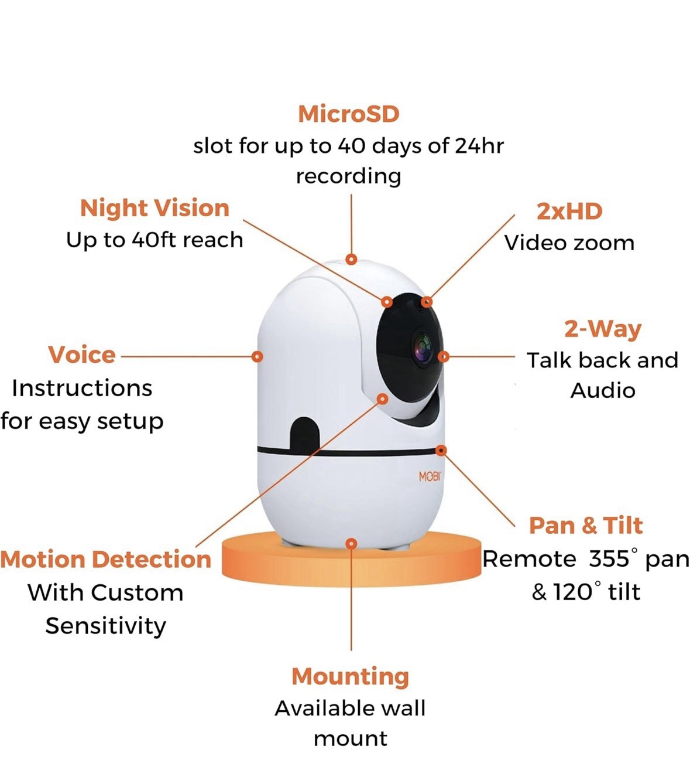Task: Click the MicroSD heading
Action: point(348,114)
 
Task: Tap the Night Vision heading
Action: point(155,209)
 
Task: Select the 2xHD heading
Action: point(569,212)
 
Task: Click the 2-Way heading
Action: point(603,329)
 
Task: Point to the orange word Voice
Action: point(82,355)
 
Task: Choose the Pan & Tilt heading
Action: point(586,526)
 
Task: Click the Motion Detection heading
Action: point(105,559)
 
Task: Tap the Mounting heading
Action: point(350,677)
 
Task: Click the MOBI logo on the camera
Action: point(430,476)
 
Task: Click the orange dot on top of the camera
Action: point(351,260)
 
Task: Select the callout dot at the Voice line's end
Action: point(258,356)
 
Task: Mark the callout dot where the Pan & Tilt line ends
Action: point(441,451)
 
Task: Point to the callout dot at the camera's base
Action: point(351,544)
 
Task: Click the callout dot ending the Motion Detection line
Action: point(383,399)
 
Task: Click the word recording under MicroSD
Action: point(348,177)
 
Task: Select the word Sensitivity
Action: point(105,626)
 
